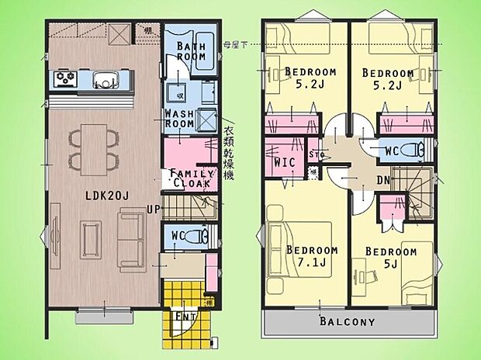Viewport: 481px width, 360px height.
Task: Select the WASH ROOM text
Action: [x=178, y=119]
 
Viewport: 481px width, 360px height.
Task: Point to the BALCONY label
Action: [x=347, y=321]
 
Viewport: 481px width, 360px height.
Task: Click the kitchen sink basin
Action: [x=104, y=78]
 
